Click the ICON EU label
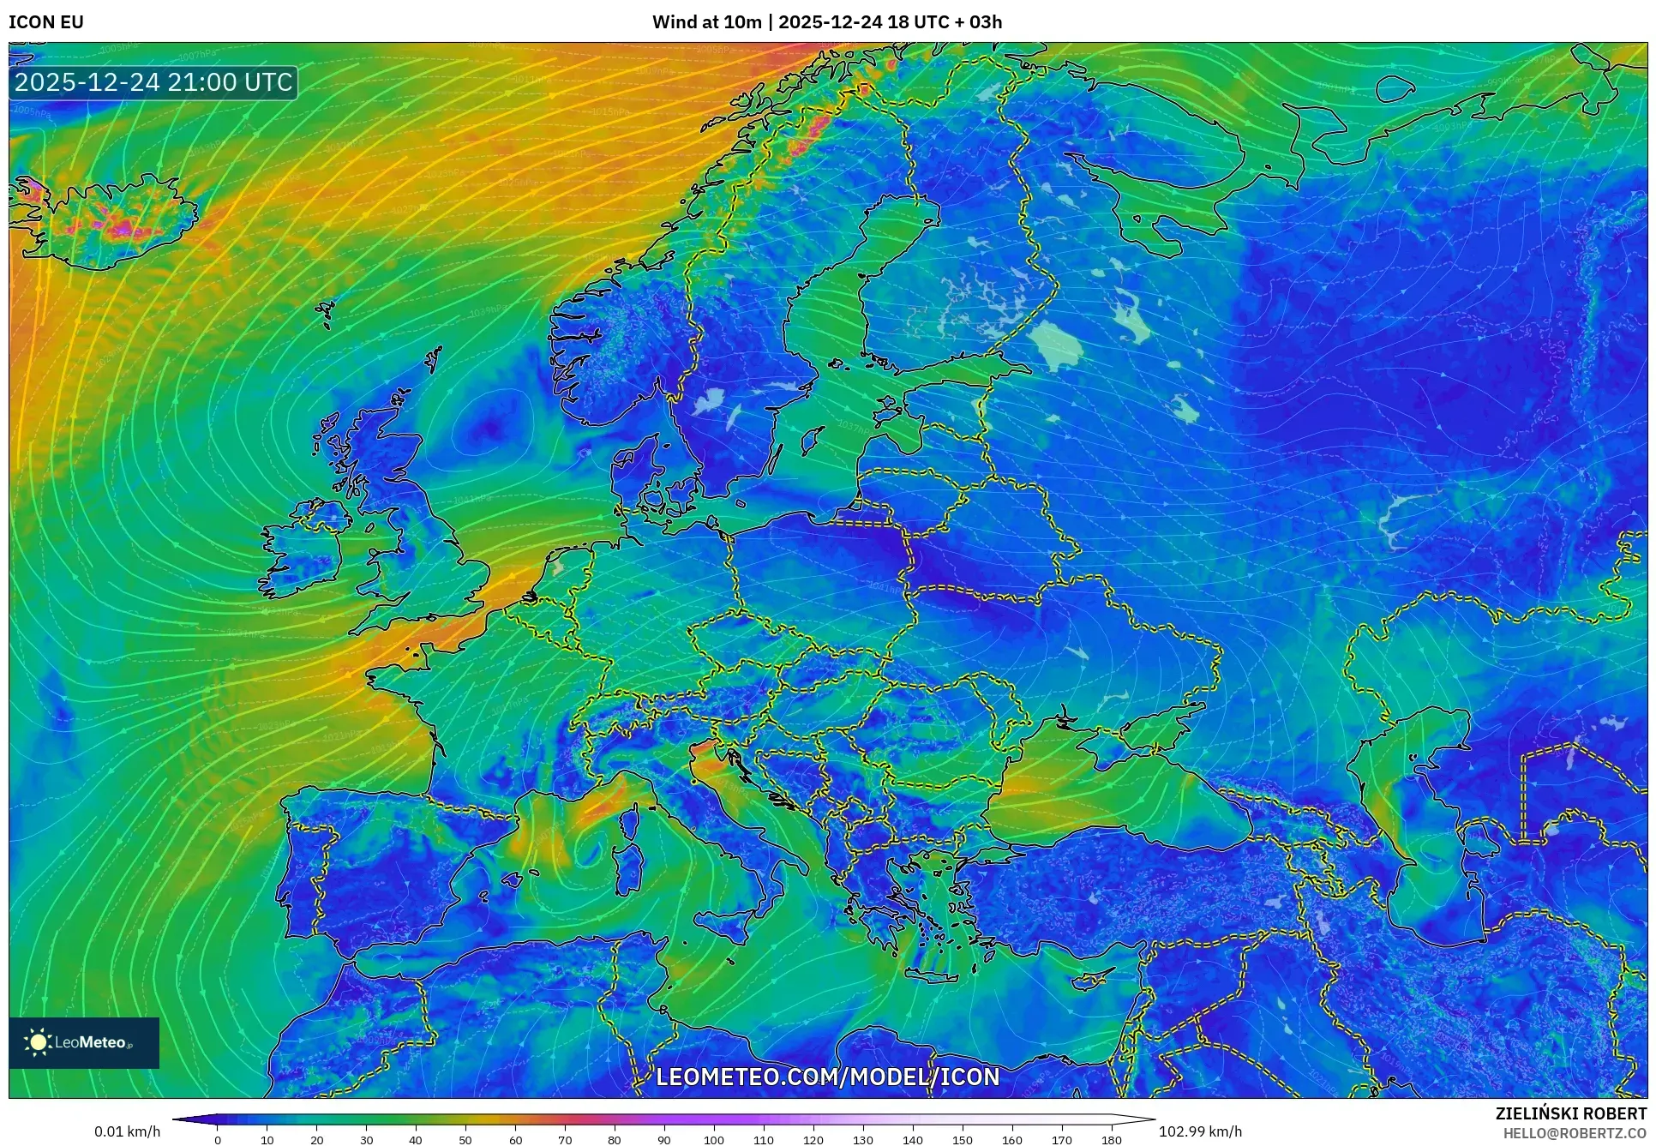pyautogui.click(x=46, y=22)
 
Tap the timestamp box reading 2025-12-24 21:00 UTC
pyautogui.click(x=153, y=82)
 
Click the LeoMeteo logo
pyautogui.click(x=84, y=1042)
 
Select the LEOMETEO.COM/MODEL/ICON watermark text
pyautogui.click(x=827, y=1077)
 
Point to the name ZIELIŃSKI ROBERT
pyautogui.click(x=1570, y=1113)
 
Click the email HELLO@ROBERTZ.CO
pyautogui.click(x=1574, y=1132)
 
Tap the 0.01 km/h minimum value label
pyautogui.click(x=127, y=1131)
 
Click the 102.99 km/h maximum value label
pyautogui.click(x=1199, y=1131)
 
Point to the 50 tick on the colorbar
pyautogui.click(x=465, y=1140)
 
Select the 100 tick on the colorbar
pyautogui.click(x=714, y=1140)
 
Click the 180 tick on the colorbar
pyautogui.click(x=1111, y=1140)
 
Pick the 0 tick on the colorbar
pyautogui.click(x=218, y=1140)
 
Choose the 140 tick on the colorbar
pyautogui.click(x=913, y=1140)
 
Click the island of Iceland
pyautogui.click(x=107, y=219)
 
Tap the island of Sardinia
pyautogui.click(x=631, y=866)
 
